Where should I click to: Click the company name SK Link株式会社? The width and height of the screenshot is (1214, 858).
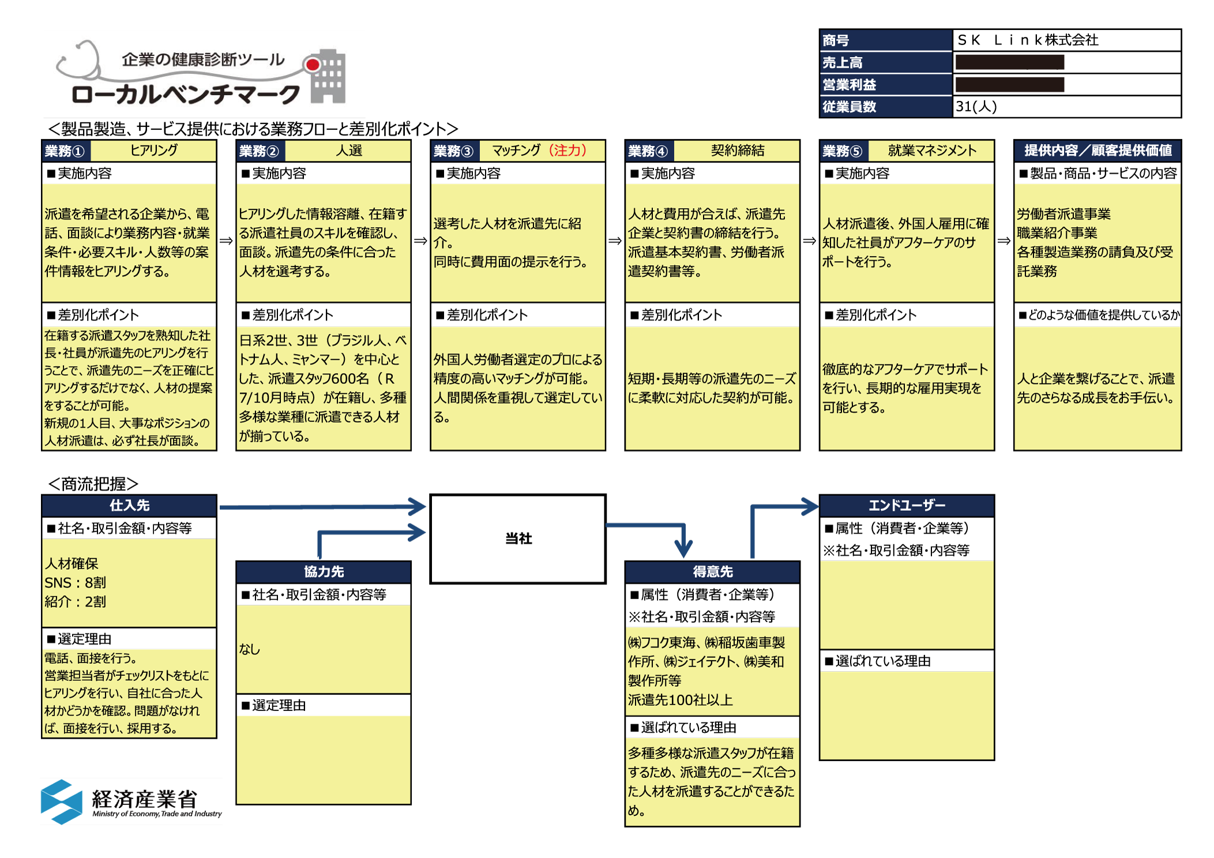click(x=1028, y=40)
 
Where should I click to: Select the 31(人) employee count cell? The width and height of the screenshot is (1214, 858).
click(x=976, y=107)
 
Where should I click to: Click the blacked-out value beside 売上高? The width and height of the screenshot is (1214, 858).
click(x=1009, y=62)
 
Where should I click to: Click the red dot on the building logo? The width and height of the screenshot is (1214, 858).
click(x=313, y=65)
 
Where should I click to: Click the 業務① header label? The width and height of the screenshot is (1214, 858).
click(x=65, y=151)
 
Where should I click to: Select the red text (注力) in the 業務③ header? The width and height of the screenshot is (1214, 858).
click(x=567, y=150)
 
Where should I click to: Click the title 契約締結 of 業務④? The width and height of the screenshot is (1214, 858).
click(x=737, y=150)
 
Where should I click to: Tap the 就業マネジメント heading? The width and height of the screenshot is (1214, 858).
click(x=932, y=150)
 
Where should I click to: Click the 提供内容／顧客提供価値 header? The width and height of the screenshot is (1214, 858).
click(x=1098, y=150)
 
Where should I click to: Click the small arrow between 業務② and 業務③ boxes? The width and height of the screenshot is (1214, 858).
click(x=420, y=240)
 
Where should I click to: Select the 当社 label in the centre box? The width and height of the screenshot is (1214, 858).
click(x=518, y=539)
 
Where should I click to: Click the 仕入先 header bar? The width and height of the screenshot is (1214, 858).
click(x=129, y=506)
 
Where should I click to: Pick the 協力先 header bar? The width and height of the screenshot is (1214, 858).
click(x=324, y=571)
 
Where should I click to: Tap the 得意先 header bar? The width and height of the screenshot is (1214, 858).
click(x=712, y=571)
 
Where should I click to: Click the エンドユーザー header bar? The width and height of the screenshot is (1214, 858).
click(x=907, y=506)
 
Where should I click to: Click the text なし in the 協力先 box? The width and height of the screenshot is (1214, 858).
click(x=250, y=649)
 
